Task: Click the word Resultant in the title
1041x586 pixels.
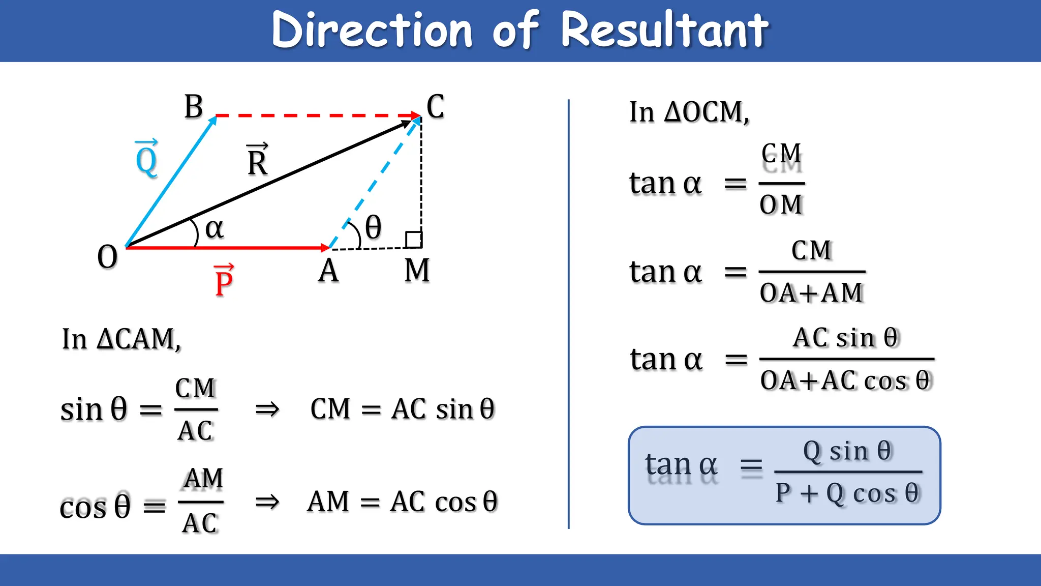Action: [x=664, y=31]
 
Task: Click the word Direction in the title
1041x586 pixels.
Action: [x=372, y=31]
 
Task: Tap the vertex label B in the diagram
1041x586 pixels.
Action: [x=194, y=107]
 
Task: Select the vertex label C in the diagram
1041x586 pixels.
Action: [x=435, y=107]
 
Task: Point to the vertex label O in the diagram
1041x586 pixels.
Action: [x=107, y=257]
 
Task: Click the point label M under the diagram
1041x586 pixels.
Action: [x=417, y=270]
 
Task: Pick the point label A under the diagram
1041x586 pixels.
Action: [x=328, y=271]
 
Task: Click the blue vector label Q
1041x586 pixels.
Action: [x=146, y=159]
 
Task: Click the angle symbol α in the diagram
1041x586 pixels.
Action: [x=214, y=229]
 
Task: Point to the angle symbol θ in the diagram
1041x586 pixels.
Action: [x=373, y=227]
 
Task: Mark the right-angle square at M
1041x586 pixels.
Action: [x=413, y=240]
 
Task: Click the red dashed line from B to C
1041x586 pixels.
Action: [x=315, y=116]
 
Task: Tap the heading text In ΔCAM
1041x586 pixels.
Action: [x=121, y=339]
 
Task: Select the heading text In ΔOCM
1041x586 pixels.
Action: [x=689, y=112]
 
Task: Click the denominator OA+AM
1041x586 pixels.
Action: [x=811, y=293]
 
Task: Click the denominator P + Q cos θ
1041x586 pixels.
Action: [x=847, y=493]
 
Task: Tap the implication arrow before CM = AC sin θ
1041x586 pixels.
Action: [x=267, y=409]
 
